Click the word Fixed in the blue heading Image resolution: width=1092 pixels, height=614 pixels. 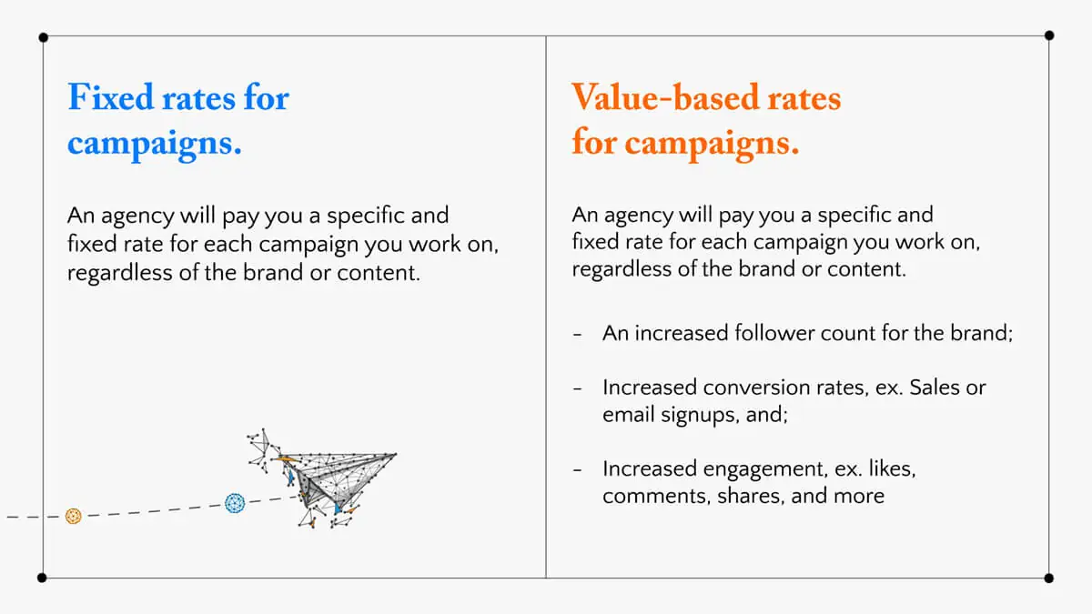111,97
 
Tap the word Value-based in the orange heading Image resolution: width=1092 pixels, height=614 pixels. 665,97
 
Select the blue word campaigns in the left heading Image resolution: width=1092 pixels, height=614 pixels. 154,144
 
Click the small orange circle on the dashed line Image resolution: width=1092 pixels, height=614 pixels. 73,516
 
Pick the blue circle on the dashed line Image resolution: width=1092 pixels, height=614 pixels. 235,503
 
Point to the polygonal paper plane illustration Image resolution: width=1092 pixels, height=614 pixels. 323,478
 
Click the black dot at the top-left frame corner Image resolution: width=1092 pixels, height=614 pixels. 43,37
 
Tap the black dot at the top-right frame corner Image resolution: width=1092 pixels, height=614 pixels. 1049,35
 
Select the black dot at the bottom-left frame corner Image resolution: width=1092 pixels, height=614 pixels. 42,578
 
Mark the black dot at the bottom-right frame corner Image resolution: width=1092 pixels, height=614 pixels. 1049,579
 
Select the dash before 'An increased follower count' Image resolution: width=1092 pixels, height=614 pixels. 578,335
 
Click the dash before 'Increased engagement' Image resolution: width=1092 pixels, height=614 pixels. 578,470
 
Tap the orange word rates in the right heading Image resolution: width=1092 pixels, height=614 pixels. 804,98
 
